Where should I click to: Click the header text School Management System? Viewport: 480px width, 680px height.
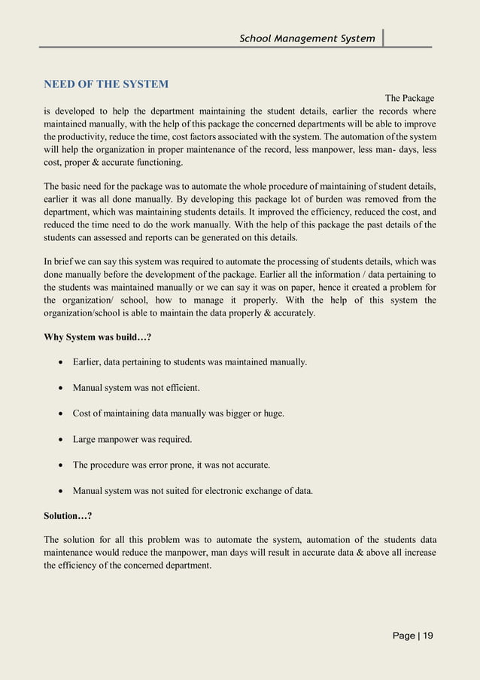point(307,38)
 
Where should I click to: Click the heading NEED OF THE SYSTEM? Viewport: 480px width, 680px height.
point(106,84)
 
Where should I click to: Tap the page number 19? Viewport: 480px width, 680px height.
point(427,636)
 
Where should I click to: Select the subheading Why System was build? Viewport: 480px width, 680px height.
point(98,337)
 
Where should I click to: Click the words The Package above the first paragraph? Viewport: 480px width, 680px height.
point(409,98)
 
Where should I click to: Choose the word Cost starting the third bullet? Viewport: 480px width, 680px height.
point(82,413)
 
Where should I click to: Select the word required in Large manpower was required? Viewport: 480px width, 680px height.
point(173,439)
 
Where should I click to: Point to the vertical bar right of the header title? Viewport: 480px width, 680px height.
point(383,38)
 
